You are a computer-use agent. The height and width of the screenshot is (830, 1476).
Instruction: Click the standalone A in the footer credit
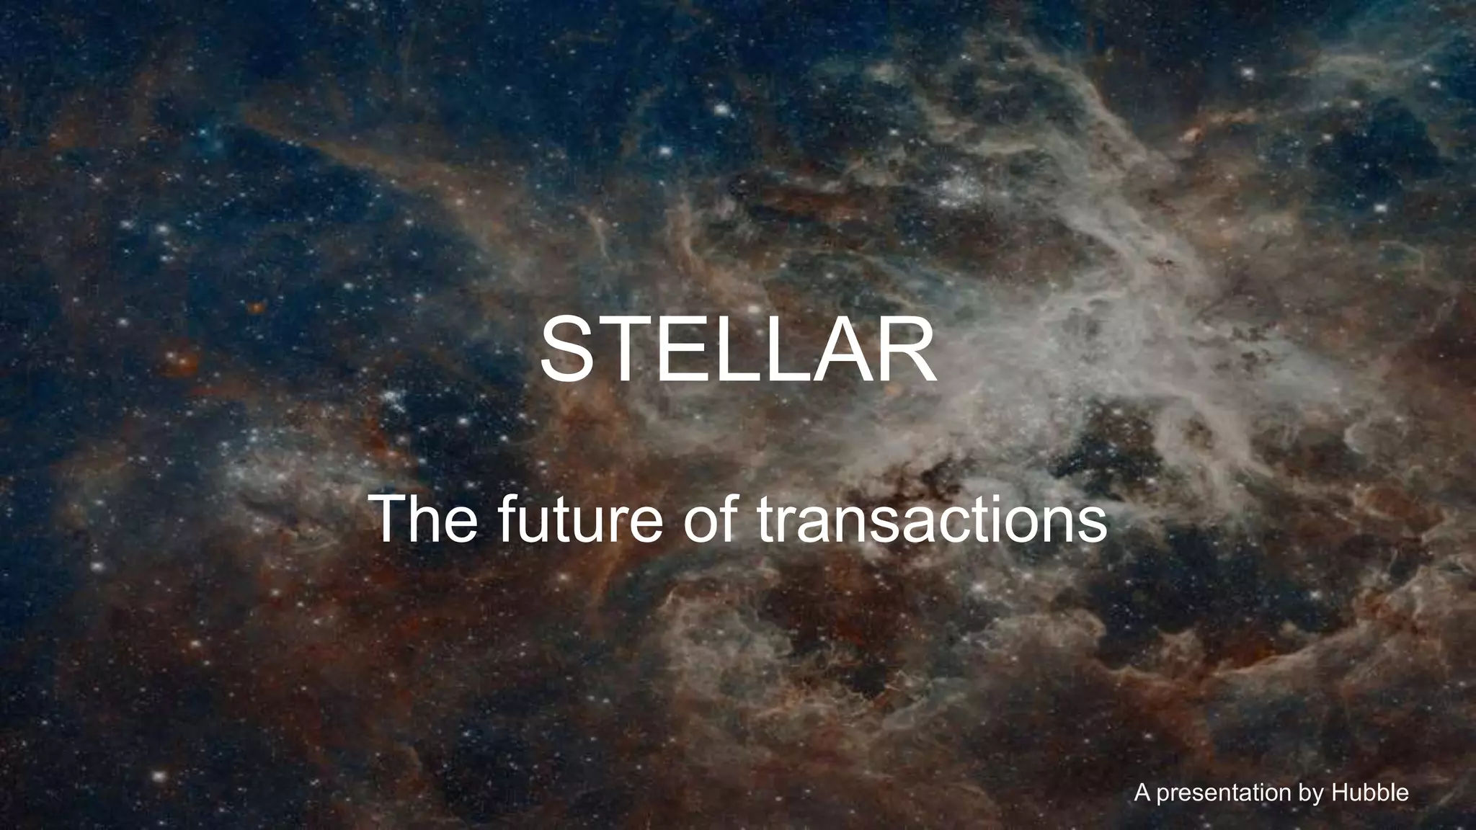click(x=1142, y=793)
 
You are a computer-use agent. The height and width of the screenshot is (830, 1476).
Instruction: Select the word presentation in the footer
click(x=1223, y=793)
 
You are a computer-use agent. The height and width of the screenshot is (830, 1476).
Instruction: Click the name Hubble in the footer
click(x=1370, y=793)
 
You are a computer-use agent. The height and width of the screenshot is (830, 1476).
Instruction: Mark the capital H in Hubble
click(x=1341, y=793)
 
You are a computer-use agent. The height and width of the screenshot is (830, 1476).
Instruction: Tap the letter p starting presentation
click(x=1159, y=795)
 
